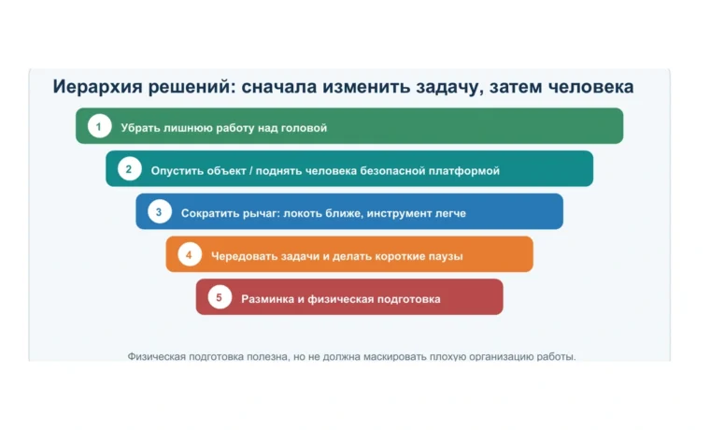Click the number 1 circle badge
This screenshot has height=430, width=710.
point(100,126)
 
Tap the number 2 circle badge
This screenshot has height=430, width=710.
point(130,169)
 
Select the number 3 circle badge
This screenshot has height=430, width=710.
point(160,211)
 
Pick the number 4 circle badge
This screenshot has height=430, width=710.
point(190,254)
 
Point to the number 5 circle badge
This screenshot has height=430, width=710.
point(220,297)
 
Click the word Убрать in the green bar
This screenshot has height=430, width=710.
point(140,128)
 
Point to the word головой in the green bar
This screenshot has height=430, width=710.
point(304,128)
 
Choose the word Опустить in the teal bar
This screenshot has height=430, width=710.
point(177,171)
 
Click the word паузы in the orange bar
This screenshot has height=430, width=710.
point(446,256)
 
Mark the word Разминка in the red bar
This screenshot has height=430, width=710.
point(267,299)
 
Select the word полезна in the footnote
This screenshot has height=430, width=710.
point(270,356)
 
